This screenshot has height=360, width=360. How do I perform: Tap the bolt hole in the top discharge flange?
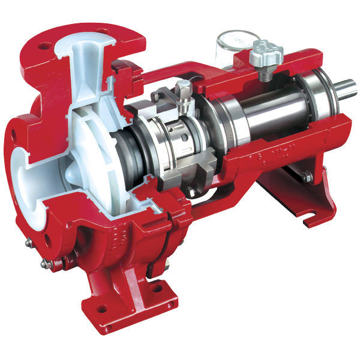tap(44, 44)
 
